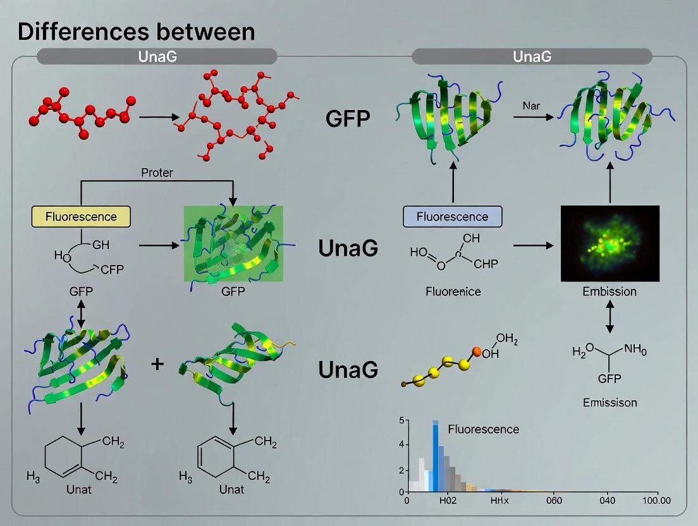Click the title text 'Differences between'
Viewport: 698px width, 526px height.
pyautogui.click(x=136, y=32)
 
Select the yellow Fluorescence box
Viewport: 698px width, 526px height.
pyautogui.click(x=81, y=216)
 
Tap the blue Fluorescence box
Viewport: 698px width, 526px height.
pyautogui.click(x=452, y=216)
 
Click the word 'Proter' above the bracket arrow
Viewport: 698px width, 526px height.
pyautogui.click(x=157, y=173)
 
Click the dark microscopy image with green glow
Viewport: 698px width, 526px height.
pyautogui.click(x=609, y=243)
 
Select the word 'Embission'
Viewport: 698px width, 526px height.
pyautogui.click(x=609, y=291)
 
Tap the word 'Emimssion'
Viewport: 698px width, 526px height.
pyautogui.click(x=609, y=402)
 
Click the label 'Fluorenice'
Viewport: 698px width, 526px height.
pyautogui.click(x=452, y=291)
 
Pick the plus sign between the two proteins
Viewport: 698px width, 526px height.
pyautogui.click(x=157, y=365)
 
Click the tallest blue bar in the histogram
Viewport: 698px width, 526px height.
pyautogui.click(x=436, y=455)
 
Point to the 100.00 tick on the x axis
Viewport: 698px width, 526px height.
pyautogui.click(x=656, y=501)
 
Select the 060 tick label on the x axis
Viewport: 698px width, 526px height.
pyautogui.click(x=554, y=501)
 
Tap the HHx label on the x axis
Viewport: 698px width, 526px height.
pyautogui.click(x=500, y=501)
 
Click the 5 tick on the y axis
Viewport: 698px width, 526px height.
pyautogui.click(x=401, y=420)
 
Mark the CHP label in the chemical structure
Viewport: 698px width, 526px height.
pyautogui.click(x=486, y=264)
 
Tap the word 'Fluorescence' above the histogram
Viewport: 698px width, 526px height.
pyautogui.click(x=483, y=429)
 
